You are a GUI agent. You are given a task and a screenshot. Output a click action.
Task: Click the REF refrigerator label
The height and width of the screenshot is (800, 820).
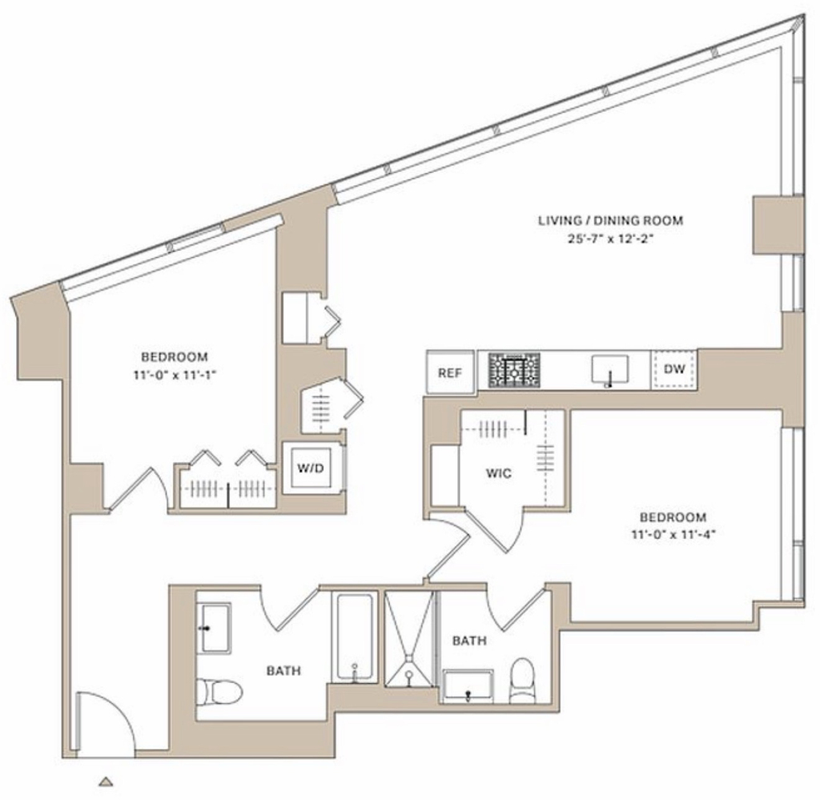450,373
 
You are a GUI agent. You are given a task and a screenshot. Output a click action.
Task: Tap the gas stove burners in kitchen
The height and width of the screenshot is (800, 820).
514,371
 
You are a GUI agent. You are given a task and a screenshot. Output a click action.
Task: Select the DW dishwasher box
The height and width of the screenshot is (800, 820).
674,370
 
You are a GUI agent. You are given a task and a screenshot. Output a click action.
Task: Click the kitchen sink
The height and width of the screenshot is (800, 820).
609,370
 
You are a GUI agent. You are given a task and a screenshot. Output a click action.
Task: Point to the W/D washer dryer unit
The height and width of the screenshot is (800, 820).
311,468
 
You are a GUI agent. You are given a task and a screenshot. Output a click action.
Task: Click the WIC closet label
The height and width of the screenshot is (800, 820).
498,474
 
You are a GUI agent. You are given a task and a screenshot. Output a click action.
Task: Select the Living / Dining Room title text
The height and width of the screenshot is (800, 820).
611,221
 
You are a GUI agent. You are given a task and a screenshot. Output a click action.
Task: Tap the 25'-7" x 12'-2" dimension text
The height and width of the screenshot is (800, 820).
611,239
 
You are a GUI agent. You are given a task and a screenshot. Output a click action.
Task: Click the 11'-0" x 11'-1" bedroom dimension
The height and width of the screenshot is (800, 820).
174,375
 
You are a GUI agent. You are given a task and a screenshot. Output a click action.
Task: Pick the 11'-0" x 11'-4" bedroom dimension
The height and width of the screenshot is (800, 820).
673,535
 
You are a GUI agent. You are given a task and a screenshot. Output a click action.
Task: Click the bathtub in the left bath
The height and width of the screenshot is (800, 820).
355,637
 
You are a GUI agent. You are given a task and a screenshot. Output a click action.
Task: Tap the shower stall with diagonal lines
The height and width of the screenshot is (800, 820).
409,638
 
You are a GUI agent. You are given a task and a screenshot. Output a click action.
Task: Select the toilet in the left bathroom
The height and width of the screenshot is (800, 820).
219,692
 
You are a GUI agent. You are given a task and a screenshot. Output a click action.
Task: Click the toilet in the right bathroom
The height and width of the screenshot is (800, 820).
521,680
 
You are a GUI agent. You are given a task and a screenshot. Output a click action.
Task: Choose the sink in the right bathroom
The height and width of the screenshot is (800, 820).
468,685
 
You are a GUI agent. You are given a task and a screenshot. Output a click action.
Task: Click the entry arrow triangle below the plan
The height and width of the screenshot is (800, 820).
107,782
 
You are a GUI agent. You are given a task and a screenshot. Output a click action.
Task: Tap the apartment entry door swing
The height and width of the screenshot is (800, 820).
105,725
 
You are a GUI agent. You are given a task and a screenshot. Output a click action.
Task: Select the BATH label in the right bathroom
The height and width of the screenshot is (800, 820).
469,641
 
